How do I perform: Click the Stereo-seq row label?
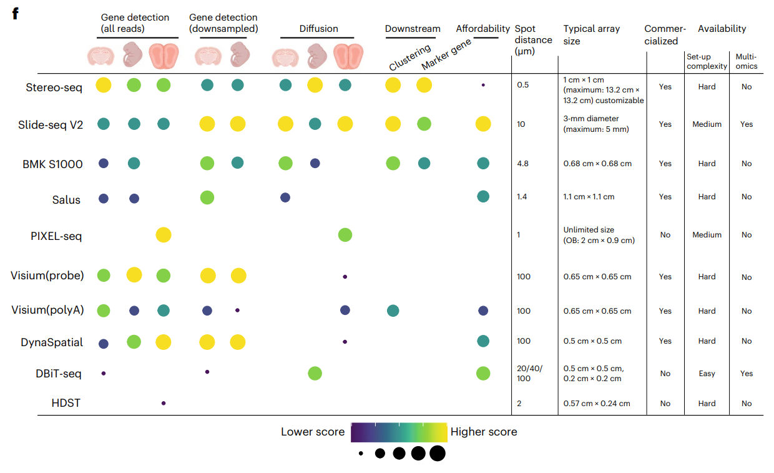coord(54,87)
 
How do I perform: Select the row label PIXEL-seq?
coord(56,236)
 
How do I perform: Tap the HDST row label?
coord(66,404)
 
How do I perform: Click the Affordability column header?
coord(483,29)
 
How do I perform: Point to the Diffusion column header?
coord(318,29)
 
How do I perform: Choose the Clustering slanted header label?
coord(409,57)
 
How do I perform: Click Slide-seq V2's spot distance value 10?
coord(521,124)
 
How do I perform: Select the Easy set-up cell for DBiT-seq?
coord(707,374)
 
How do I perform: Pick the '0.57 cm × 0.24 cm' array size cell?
coord(597,404)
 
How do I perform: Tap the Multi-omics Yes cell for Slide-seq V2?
coord(747,124)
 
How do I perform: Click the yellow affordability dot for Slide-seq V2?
coord(483,124)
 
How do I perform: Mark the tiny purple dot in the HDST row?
coord(164,403)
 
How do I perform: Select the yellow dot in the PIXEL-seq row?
coord(164,235)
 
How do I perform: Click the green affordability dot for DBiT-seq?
coord(483,373)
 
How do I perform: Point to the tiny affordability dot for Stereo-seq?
coord(483,84)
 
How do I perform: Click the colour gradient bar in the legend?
coord(399,432)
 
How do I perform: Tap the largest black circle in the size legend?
coord(437,454)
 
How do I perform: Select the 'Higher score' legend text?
coord(484,432)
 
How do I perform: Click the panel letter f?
coord(15,13)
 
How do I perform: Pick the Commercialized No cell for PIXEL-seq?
coord(665,235)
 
